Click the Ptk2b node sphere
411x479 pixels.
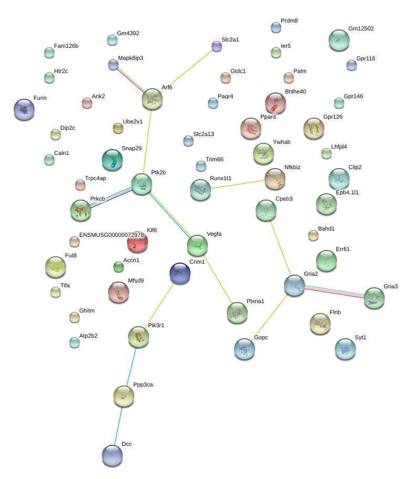point(142,184)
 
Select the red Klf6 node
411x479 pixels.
point(138,242)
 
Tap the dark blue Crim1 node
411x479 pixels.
point(180,273)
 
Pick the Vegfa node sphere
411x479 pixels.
point(197,245)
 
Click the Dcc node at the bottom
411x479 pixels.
point(112,455)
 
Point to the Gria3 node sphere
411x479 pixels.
point(374,297)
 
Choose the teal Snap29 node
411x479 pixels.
point(112,160)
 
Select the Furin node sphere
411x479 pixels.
point(24,109)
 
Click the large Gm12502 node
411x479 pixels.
point(339,40)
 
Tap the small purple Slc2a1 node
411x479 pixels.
point(217,46)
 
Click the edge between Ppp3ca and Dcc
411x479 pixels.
point(118,425)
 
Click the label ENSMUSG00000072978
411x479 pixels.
point(111,235)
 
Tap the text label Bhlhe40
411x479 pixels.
point(296,91)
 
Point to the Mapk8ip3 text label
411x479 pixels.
point(131,58)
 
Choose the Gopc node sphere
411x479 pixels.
point(245,348)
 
